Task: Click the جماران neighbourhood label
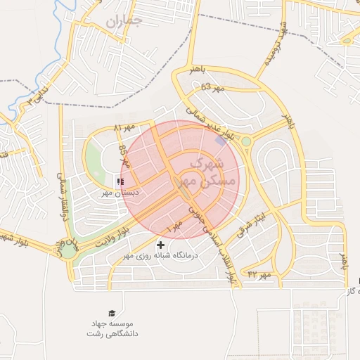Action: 124,22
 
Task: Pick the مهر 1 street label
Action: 174,227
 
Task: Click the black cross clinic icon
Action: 161,245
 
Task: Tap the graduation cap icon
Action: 112,314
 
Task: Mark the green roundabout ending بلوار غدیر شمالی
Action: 246,142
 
